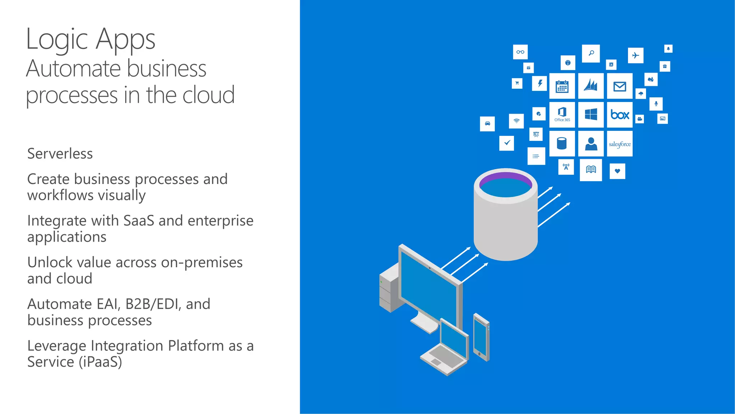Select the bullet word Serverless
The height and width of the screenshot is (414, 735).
tap(60, 154)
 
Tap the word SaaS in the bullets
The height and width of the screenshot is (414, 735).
tap(139, 221)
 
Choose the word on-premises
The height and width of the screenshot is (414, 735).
tap(202, 263)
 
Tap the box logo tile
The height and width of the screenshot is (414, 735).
tap(620, 115)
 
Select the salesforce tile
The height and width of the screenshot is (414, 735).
tap(620, 144)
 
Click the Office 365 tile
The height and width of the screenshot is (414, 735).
tap(562, 115)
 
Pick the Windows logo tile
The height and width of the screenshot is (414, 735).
tap(591, 115)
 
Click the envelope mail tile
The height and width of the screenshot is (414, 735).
tap(620, 86)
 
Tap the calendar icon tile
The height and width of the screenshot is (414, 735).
tap(562, 86)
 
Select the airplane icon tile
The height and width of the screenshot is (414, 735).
tap(636, 55)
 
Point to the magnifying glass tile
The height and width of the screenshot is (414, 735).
tap(591, 53)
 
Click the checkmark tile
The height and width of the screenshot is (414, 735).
tap(507, 143)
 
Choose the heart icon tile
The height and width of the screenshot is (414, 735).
tap(617, 171)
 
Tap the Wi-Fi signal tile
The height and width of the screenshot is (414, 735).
tap(516, 121)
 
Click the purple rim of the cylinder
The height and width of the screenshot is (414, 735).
tap(505, 175)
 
